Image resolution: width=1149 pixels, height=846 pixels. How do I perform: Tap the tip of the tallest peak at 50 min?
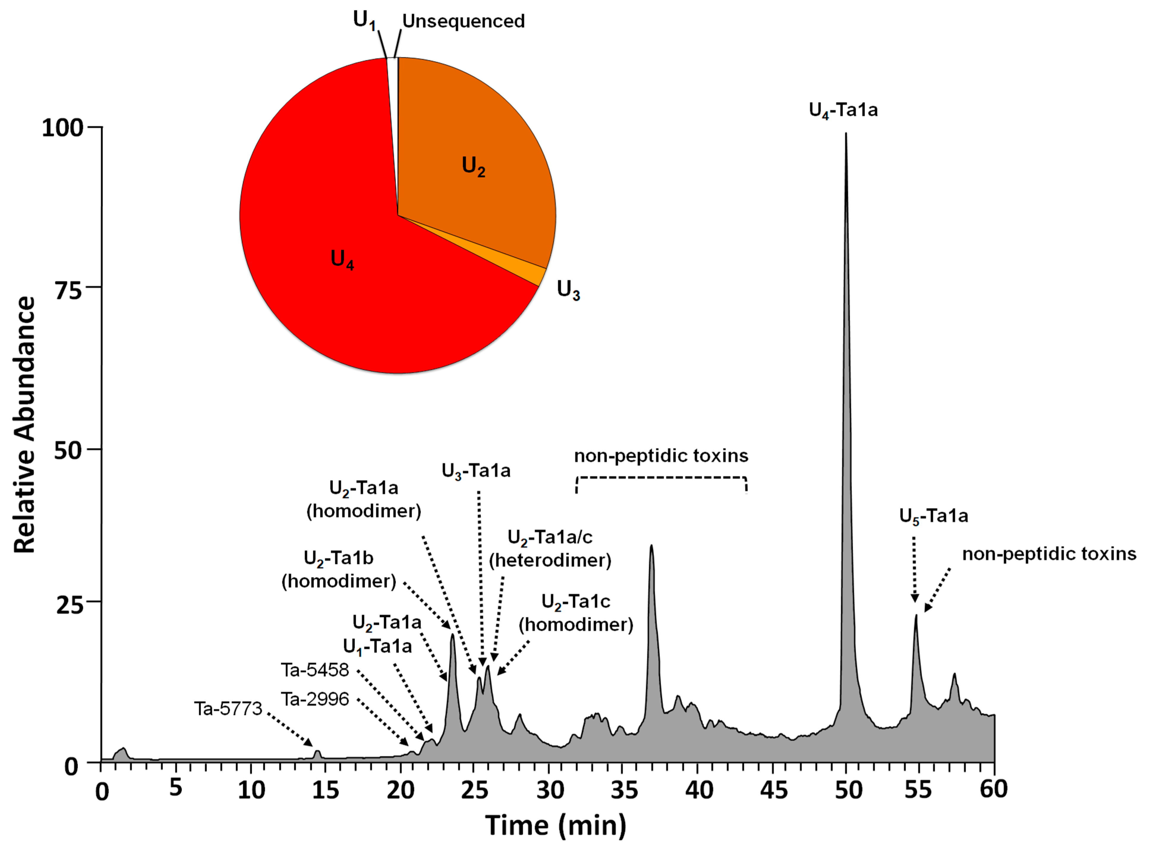pyautogui.click(x=846, y=134)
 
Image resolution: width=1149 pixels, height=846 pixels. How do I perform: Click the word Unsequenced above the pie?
pyautogui.click(x=463, y=21)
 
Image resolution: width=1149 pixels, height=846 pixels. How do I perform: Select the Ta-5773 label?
pyautogui.click(x=228, y=709)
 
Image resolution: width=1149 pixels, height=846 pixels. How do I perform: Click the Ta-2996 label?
pyautogui.click(x=315, y=699)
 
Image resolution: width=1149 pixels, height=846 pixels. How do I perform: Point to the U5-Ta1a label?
pyautogui.click(x=934, y=516)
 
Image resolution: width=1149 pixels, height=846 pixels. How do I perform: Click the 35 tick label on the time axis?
pyautogui.click(x=624, y=790)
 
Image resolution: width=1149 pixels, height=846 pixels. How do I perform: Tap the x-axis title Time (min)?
pyautogui.click(x=555, y=825)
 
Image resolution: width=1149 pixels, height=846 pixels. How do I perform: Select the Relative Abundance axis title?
pyautogui.click(x=25, y=425)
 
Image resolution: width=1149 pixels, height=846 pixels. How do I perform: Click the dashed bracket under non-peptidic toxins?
pyautogui.click(x=661, y=478)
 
